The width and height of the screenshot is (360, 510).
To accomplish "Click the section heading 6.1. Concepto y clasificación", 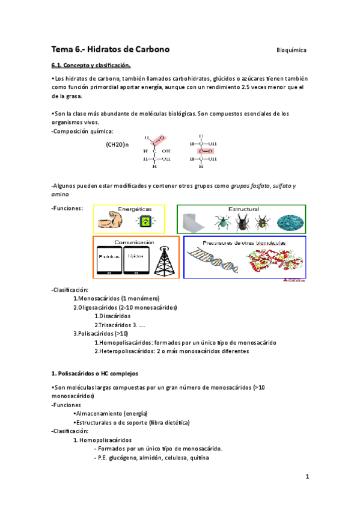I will (91, 65).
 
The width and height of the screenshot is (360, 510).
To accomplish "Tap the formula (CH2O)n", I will (117, 145).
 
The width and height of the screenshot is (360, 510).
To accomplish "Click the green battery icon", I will (144, 222).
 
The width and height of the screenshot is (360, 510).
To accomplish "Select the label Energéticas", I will (135, 209).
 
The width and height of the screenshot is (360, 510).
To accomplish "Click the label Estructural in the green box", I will (243, 209).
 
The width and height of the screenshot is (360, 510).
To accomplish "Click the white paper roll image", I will (195, 223).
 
